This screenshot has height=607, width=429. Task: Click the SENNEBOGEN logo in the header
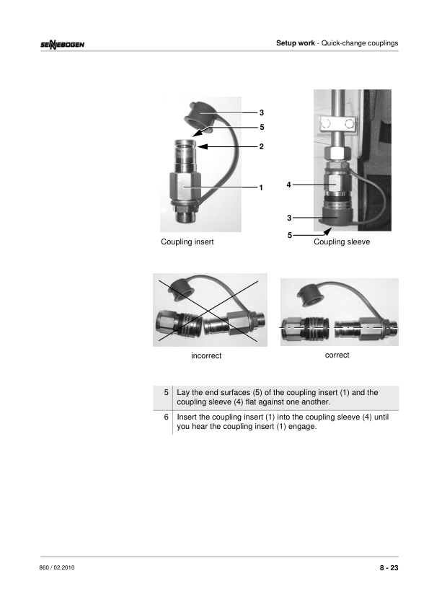[62, 45]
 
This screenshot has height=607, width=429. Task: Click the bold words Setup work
[296, 43]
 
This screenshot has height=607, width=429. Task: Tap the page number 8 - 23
[389, 568]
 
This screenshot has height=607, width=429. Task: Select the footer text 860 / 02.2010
[57, 567]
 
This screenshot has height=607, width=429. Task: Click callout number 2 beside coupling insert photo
[261, 147]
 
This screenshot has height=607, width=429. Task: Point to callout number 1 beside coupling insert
[261, 187]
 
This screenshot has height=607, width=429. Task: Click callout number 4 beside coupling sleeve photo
[288, 185]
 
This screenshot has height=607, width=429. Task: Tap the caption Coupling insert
[187, 242]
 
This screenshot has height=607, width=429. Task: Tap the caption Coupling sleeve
[342, 242]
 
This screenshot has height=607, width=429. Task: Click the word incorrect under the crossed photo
[206, 355]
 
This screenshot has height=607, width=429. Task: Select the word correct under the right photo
[337, 355]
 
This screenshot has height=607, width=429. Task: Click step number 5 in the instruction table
[166, 393]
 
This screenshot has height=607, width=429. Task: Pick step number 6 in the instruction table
[166, 417]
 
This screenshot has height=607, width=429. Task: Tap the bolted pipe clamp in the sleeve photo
[337, 124]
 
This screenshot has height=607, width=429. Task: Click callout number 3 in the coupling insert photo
[261, 112]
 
